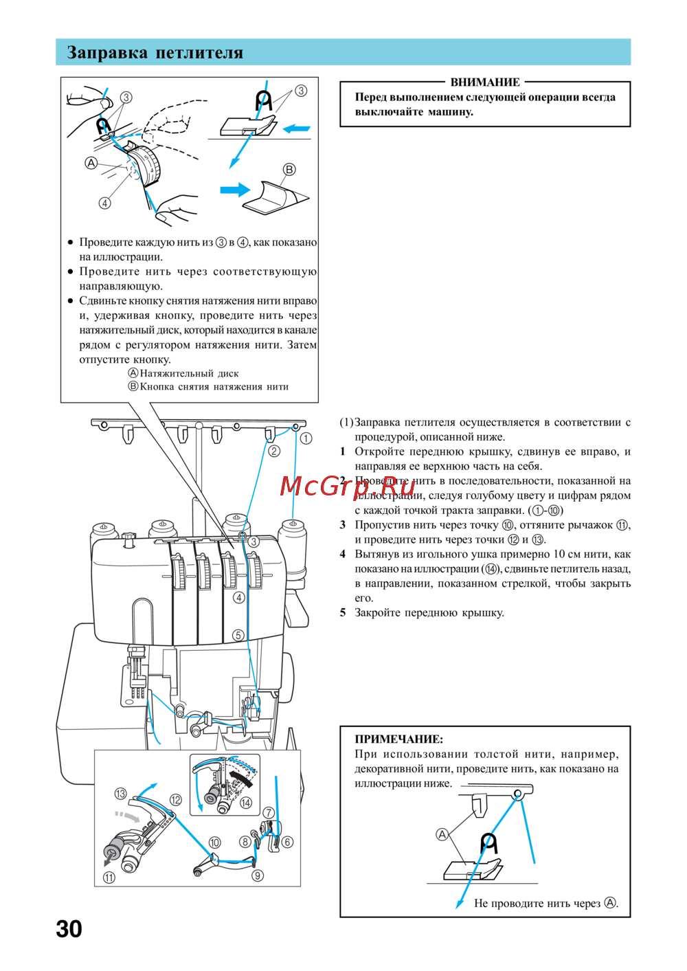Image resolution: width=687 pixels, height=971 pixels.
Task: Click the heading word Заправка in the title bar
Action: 107,53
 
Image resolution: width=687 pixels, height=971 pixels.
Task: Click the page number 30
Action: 69,929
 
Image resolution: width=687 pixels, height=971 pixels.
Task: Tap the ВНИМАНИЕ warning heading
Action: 485,82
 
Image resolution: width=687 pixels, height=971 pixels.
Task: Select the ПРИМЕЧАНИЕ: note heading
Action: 398,739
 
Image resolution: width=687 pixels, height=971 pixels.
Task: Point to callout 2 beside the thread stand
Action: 274,451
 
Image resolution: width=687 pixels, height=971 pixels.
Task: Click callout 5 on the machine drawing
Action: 238,635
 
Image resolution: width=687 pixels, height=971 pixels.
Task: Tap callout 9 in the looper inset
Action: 258,875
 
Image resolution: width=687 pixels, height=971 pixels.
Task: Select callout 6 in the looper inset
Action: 287,842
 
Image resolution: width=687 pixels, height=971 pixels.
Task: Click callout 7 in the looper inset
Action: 269,813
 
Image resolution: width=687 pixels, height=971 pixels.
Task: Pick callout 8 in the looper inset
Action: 245,842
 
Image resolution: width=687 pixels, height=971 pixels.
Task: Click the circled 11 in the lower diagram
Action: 109,878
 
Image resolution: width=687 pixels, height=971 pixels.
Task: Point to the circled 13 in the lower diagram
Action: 120,794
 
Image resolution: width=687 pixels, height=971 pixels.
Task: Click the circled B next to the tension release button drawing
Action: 289,169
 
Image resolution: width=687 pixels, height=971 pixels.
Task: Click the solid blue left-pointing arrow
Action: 297,129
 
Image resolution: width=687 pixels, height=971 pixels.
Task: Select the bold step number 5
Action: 343,612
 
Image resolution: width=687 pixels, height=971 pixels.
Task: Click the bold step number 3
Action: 343,525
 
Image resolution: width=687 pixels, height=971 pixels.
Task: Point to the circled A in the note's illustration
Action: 442,834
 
